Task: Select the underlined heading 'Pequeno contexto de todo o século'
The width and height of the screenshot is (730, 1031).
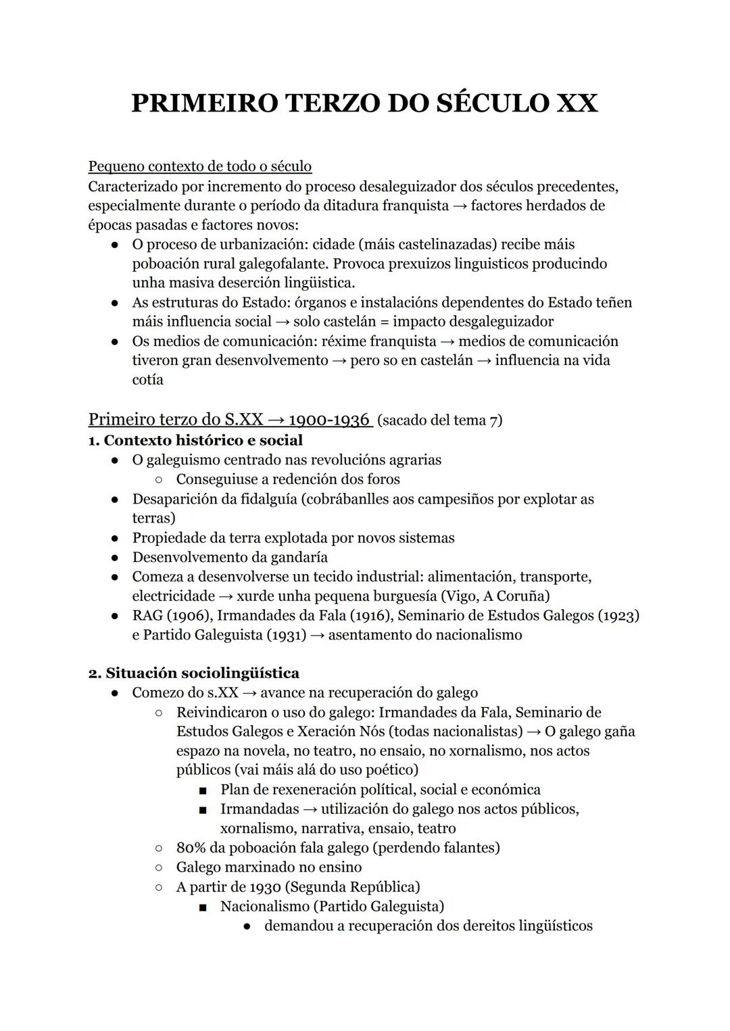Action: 200,166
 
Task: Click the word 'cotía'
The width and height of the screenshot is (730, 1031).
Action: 147,380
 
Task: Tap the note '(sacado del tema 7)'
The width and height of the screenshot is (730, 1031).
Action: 440,421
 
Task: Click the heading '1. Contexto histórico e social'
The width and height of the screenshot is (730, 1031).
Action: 195,440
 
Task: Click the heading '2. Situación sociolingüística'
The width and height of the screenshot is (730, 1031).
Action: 194,673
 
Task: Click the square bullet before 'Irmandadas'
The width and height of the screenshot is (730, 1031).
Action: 202,809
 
